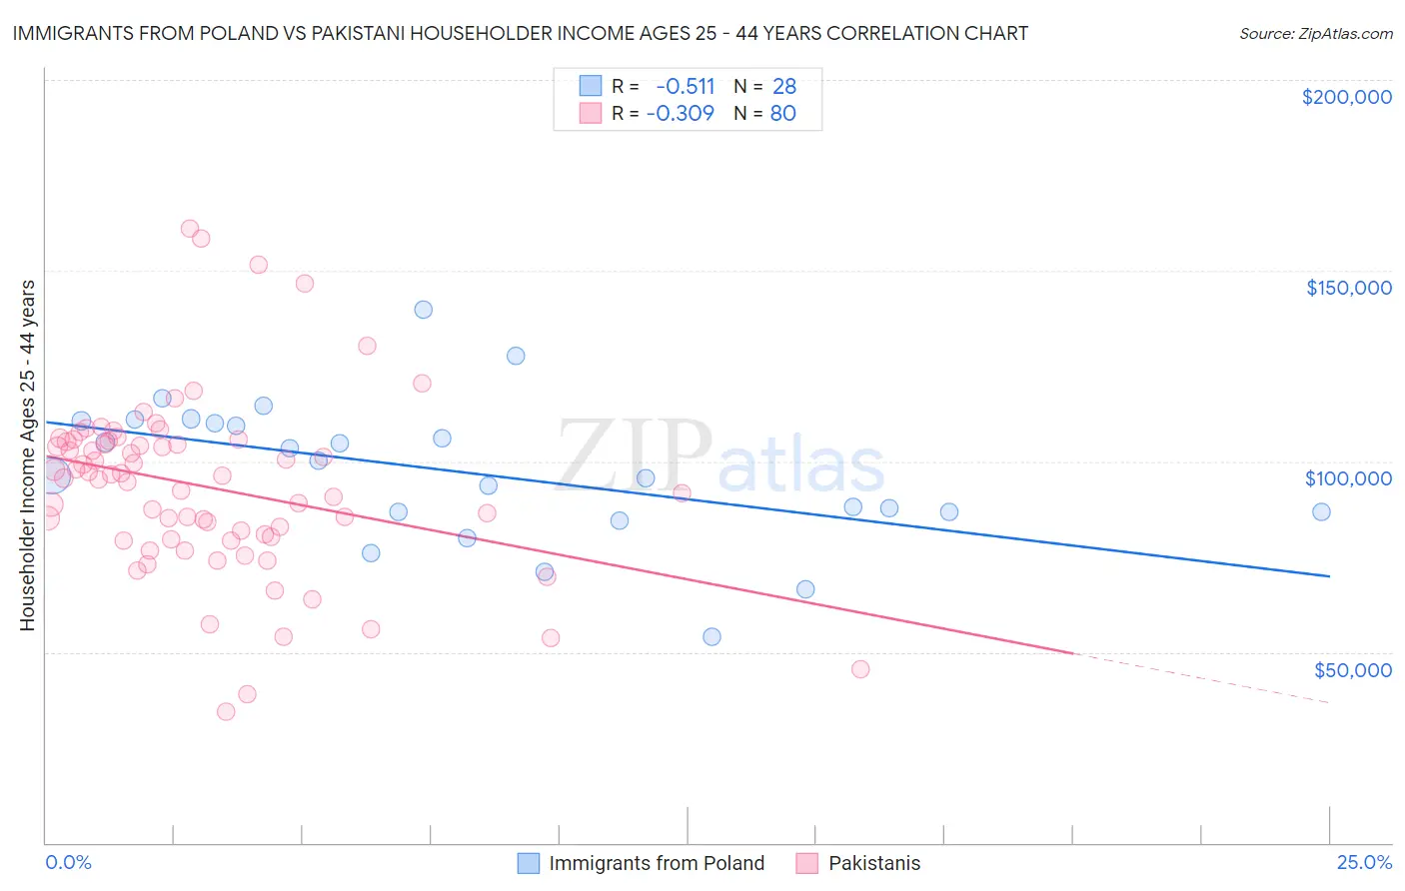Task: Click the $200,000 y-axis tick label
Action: pos(1346,97)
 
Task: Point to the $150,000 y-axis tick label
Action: pos(1348,288)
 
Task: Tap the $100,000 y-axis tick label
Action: pos(1348,478)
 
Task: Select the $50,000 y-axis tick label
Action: pos(1352,669)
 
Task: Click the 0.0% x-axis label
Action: pos(68,863)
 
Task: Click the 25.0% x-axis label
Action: pos(1364,863)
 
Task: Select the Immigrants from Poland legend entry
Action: pos(641,863)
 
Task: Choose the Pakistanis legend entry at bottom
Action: pos(858,863)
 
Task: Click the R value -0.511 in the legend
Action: pos(686,86)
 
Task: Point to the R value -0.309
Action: pos(681,113)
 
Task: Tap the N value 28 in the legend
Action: pos(784,86)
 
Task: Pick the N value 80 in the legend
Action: pos(783,113)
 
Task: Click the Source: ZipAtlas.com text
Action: pos(1315,33)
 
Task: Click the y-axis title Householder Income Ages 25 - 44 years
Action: pos(28,455)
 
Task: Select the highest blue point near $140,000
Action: pos(424,310)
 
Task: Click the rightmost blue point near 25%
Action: pos(1321,511)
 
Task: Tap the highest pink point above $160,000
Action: pos(190,229)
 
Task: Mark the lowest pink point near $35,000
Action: pos(226,711)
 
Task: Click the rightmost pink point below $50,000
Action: pos(860,669)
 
